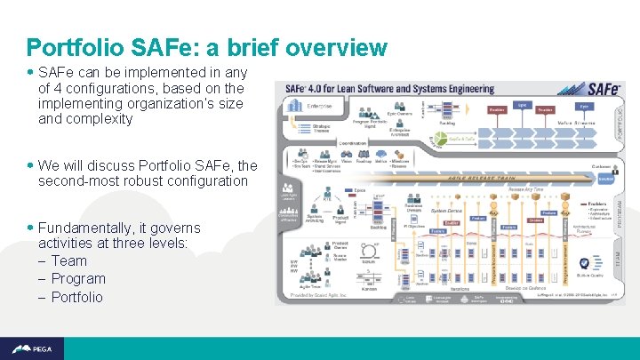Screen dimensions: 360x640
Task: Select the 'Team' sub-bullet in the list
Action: pyautogui.click(x=68, y=260)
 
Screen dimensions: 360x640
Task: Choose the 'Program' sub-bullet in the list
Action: pyautogui.click(x=77, y=278)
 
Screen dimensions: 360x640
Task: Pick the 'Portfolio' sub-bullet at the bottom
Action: pyautogui.click(x=76, y=297)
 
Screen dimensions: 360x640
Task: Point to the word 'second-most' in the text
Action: pyautogui.click(x=77, y=180)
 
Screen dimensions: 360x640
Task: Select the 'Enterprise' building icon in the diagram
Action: pyautogui.click(x=295, y=107)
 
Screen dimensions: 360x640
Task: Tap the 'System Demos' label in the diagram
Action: pyautogui.click(x=444, y=211)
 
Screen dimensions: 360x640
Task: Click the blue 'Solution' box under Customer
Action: pyautogui.click(x=605, y=178)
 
